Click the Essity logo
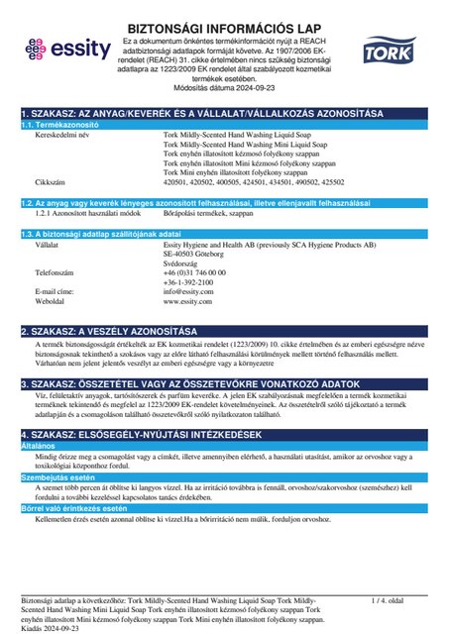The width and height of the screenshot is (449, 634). point(61,46)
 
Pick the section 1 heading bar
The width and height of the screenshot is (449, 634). point(224,114)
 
